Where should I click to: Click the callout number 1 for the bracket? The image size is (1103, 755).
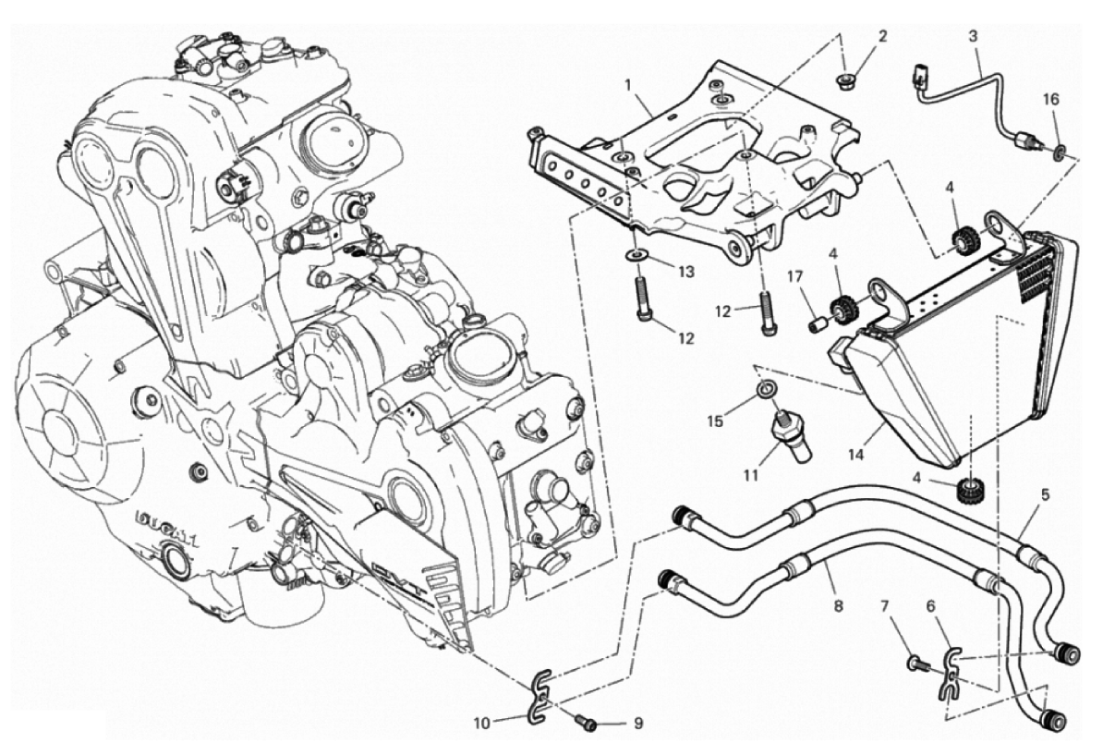pos(628,85)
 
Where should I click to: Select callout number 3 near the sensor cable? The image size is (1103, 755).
pos(973,37)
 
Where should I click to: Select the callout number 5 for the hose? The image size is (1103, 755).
pos(1046,494)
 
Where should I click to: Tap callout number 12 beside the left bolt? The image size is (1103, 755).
pos(685,339)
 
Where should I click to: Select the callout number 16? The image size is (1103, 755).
pos(1051,98)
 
